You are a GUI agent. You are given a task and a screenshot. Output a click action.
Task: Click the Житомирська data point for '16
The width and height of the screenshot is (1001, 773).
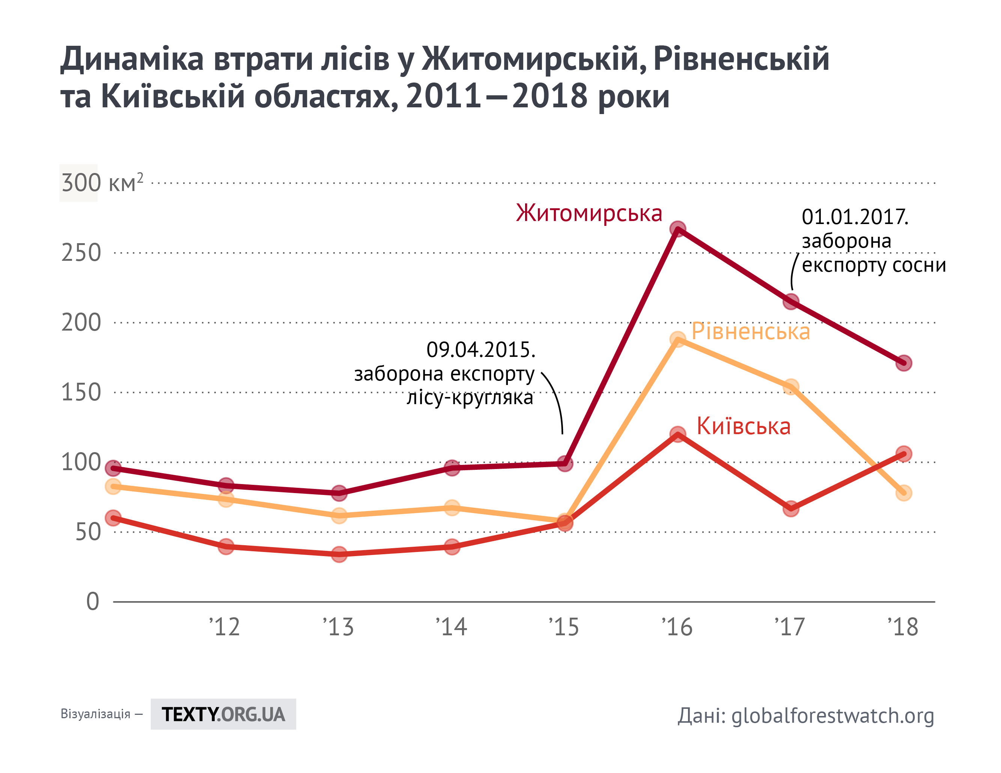point(677,229)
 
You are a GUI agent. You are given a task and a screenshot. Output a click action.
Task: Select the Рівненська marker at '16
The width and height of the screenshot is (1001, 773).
point(677,340)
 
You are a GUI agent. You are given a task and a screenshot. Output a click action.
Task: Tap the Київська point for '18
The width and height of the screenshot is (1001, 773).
point(903,454)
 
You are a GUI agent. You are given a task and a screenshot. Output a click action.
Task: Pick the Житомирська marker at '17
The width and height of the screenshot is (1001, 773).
point(790,301)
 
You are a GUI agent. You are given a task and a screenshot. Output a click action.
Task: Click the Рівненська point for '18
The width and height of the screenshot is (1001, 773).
point(903,493)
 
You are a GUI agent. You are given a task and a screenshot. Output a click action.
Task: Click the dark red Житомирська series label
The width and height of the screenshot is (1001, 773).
point(589,214)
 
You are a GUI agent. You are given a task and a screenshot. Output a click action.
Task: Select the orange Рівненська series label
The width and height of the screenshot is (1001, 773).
point(750,331)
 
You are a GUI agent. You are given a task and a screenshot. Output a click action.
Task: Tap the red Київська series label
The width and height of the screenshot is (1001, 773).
point(744,426)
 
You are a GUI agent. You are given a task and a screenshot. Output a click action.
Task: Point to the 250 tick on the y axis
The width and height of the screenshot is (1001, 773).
point(81,253)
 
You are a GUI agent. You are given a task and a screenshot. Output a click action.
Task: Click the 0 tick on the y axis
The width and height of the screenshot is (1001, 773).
point(93,601)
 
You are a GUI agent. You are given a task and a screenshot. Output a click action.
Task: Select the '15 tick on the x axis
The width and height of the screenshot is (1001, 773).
point(564,627)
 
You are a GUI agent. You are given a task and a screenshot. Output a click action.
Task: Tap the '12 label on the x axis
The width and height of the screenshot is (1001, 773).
point(224,627)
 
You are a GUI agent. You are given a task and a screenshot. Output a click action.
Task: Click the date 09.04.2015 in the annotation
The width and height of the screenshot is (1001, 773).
point(480,350)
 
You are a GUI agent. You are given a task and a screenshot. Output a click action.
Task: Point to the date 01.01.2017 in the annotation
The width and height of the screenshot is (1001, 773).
point(855,217)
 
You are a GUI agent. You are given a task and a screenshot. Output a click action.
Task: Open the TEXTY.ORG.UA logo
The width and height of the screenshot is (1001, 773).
point(223,714)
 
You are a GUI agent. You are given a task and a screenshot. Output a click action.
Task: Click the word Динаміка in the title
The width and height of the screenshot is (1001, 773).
point(132,59)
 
